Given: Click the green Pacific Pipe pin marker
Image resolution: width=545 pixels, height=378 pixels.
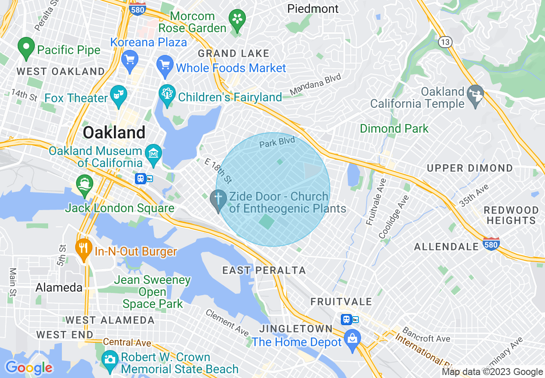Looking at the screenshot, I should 26,48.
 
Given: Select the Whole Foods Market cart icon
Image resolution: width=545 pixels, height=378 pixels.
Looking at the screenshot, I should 165,67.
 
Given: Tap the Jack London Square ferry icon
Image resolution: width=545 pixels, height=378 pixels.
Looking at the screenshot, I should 84,183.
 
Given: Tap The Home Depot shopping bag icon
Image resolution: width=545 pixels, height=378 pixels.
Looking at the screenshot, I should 352,341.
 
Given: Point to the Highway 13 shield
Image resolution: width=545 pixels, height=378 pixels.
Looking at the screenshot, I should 444,42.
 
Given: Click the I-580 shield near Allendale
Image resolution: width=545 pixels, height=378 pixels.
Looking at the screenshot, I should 491,243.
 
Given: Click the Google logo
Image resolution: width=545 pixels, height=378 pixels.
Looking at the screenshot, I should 29,368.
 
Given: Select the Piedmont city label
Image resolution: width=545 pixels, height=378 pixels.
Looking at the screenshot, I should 313,9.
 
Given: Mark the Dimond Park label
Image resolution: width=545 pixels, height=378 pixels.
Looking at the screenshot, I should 394,128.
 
